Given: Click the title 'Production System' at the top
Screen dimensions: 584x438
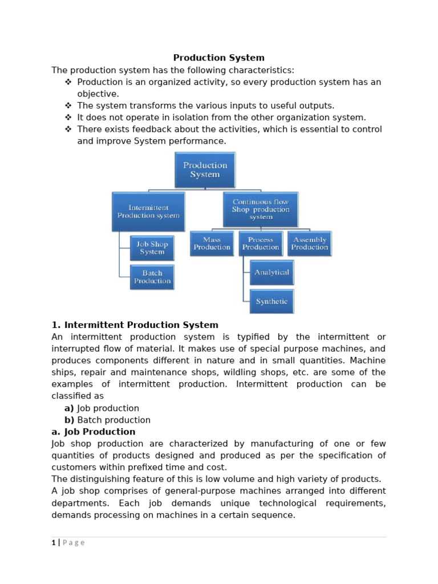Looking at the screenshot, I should coord(219,58).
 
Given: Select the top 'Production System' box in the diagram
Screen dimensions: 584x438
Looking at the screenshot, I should coord(205,170).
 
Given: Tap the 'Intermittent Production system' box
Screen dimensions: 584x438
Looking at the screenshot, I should coord(148,212).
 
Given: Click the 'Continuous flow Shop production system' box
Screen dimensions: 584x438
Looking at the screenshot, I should coord(260,209).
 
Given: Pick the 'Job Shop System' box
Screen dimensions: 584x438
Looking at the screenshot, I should coord(152,248).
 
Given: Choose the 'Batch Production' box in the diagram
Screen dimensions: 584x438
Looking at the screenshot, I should coord(152,277).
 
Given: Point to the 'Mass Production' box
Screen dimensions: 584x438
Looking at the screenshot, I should coord(212,244).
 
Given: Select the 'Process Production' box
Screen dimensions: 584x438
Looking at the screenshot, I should coord(261,244).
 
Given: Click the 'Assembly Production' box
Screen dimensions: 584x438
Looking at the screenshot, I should coord(310,244).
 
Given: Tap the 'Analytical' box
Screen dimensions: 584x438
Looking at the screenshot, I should coord(271,273).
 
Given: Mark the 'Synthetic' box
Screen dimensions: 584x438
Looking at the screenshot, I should coord(271,301).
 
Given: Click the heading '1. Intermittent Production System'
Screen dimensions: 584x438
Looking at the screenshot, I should coord(135,325).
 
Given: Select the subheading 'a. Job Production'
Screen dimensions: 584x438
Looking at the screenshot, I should coord(94,432).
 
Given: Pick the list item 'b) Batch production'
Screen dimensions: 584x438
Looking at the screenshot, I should coord(107,420).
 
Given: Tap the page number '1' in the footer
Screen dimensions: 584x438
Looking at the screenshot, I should coord(54,542).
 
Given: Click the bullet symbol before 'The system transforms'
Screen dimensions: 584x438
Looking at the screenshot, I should coord(68,106).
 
